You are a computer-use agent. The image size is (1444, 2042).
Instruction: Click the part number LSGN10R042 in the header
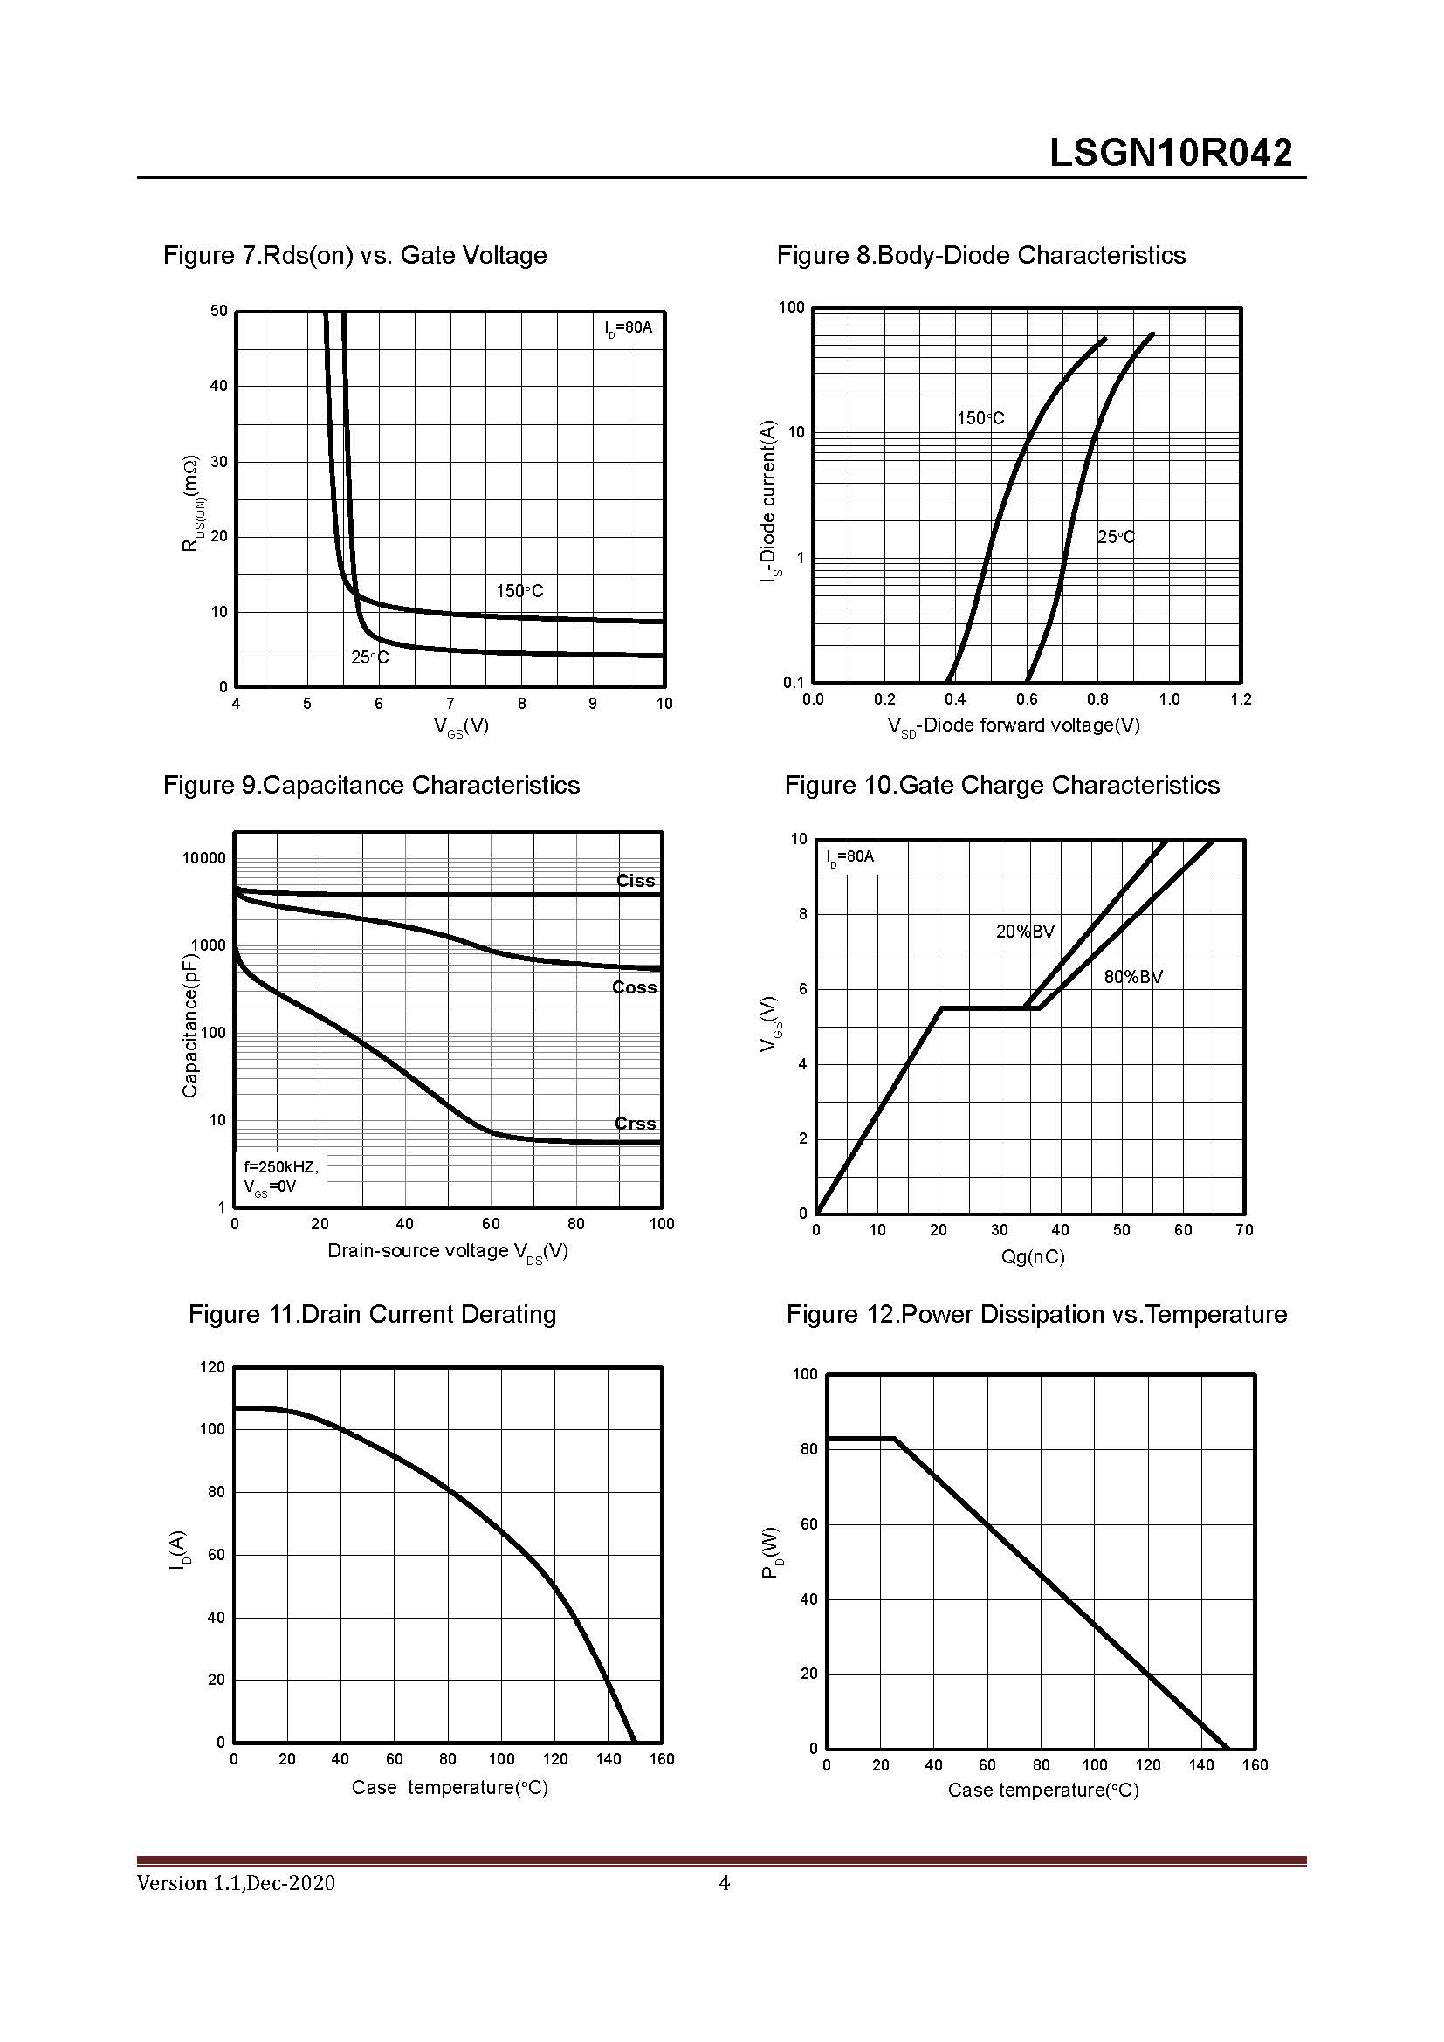tap(1170, 153)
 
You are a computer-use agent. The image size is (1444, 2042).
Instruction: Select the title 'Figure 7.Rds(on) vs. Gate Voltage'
tap(354, 255)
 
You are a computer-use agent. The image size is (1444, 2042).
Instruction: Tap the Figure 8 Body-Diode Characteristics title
tap(980, 255)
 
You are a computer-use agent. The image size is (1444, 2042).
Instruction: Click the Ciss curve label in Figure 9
tap(635, 881)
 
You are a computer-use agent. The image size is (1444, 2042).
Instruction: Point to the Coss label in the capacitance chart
tap(634, 987)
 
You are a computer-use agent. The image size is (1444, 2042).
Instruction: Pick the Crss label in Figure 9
tap(635, 1124)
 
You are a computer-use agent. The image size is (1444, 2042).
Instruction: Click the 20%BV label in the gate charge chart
tap(1024, 932)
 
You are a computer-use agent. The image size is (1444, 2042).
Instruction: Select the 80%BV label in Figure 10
tap(1133, 977)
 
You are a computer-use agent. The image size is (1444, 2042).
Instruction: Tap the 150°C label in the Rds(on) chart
tap(519, 590)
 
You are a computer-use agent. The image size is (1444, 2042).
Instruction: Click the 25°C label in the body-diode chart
tap(1116, 537)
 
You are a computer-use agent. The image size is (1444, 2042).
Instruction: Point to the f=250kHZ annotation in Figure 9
tap(281, 1166)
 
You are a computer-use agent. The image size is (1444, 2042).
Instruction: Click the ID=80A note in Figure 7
tap(628, 328)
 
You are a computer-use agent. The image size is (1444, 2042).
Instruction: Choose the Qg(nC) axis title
tap(1031, 1256)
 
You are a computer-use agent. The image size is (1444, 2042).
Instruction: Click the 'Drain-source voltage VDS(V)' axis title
tap(447, 1251)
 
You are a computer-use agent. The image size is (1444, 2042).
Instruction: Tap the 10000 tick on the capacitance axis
tap(203, 858)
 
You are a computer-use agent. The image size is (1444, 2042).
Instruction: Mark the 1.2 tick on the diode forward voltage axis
tap(1241, 699)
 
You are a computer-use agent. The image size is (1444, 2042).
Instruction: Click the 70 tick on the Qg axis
tap(1244, 1230)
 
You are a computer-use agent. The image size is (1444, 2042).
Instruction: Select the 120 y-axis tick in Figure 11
tap(213, 1367)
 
